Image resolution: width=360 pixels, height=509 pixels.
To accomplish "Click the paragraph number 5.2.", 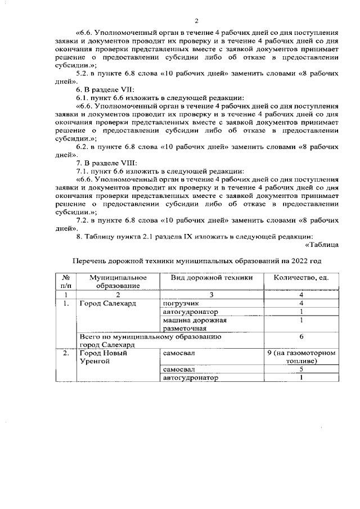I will click(83, 73).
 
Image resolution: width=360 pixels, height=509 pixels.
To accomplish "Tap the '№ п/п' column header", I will click(66, 282).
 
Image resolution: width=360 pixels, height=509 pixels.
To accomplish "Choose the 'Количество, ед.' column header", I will click(301, 278).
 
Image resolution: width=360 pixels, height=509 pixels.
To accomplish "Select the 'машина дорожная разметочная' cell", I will click(186, 324).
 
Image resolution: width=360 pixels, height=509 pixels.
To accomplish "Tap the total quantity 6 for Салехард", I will click(301, 337).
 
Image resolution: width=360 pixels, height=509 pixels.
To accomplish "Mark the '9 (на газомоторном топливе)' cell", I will click(301, 358).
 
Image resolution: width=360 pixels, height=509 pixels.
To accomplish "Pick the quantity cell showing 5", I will click(301, 370).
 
